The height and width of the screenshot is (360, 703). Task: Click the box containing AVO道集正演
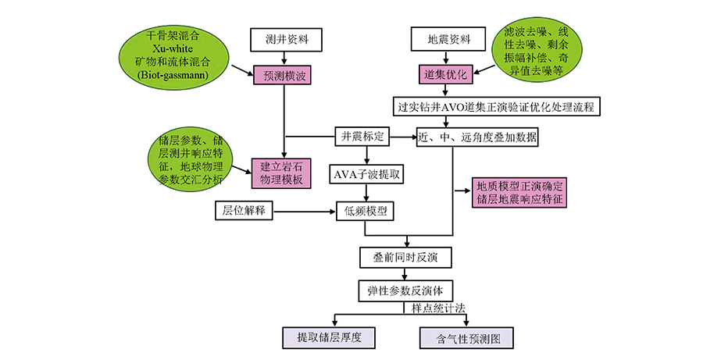[x=498, y=106]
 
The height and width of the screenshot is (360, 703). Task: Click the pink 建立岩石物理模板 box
[x=282, y=173]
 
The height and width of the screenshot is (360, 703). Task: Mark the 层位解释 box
[x=243, y=210]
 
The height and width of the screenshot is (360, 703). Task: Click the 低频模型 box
[x=366, y=210]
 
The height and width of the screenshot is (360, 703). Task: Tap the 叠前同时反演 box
[x=404, y=256]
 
